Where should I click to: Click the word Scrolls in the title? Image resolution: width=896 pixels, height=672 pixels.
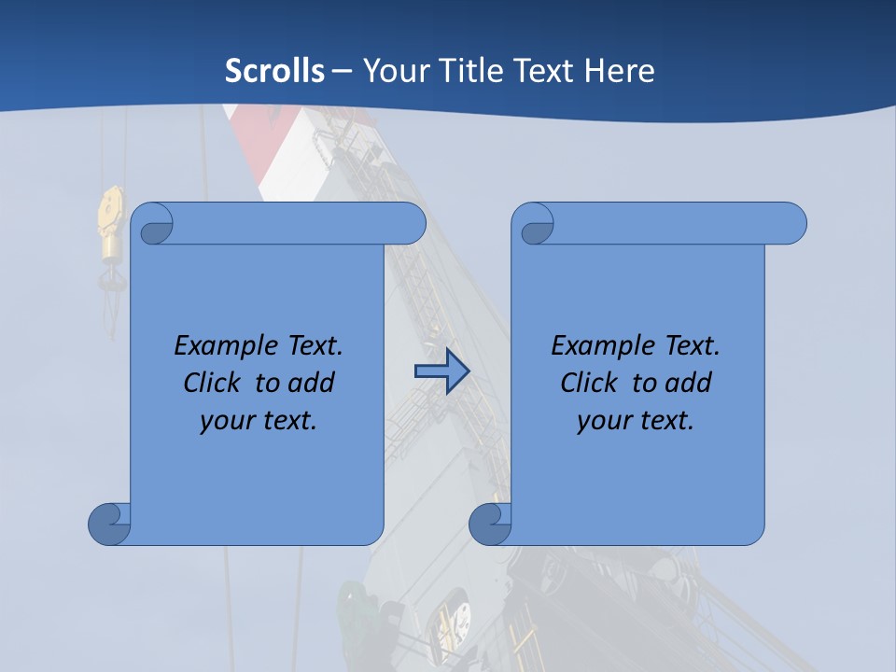274,70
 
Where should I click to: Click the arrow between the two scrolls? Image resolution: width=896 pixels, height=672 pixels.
441,371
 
